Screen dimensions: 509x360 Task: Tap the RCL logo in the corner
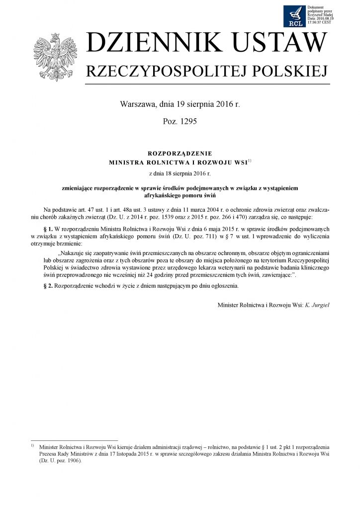click(295, 16)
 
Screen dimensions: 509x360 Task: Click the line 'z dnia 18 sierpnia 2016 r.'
click(180, 173)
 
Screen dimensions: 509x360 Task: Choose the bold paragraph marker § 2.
click(49, 286)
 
